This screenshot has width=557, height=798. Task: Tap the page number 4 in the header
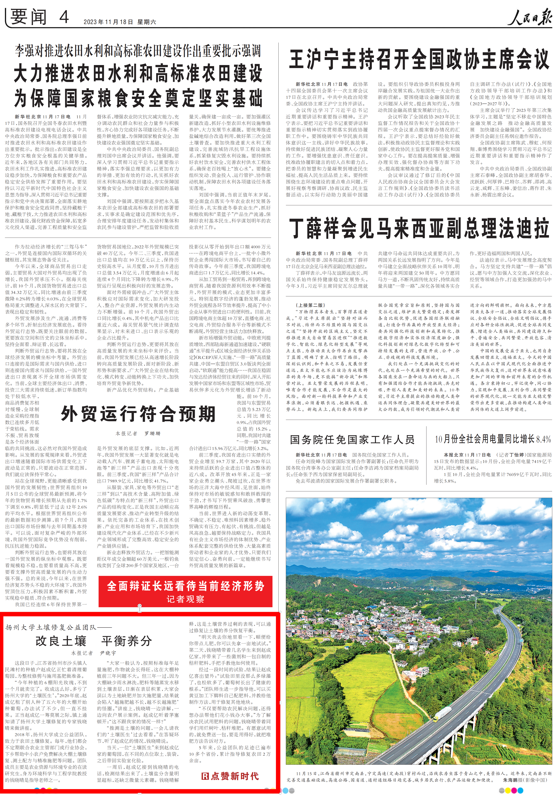point(64,17)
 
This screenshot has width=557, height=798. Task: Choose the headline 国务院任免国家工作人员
point(352,440)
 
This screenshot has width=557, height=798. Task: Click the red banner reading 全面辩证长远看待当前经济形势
point(185,586)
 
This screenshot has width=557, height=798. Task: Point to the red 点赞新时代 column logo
point(230,776)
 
